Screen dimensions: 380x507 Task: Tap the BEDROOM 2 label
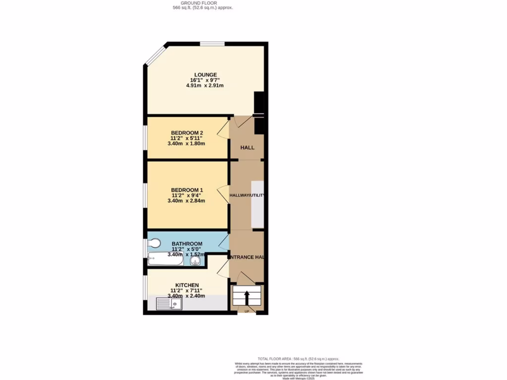187,133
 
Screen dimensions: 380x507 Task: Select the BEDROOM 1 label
187,190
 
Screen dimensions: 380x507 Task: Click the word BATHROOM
187,244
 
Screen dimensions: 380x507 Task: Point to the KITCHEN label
187,285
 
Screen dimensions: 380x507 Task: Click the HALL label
247,148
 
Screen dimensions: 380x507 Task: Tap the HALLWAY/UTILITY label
247,196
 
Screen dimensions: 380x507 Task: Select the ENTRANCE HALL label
247,257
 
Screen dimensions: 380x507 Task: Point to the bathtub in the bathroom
165,259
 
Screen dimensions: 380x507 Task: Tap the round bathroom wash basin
194,261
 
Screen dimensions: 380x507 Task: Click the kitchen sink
169,303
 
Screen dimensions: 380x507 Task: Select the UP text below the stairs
247,311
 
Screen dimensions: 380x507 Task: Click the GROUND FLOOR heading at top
199,3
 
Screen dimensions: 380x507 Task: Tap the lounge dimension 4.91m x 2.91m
204,86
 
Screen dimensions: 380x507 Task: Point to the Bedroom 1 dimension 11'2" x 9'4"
187,195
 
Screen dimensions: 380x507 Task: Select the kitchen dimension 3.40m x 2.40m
187,296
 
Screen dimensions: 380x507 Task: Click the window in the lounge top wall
212,44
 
